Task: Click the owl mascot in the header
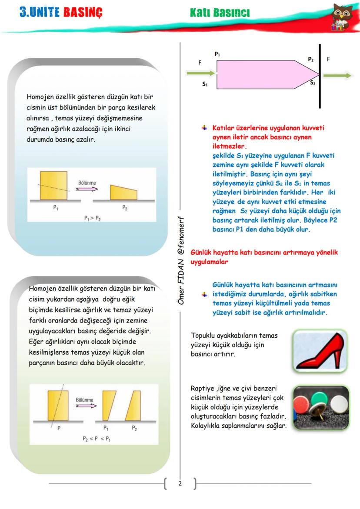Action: [x=342, y=17]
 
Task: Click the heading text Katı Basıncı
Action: [x=220, y=13]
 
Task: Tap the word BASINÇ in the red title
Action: [x=83, y=13]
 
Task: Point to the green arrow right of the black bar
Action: [x=337, y=76]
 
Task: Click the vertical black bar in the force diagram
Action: [x=320, y=76]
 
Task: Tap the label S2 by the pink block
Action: [x=313, y=82]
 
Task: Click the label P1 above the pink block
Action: [x=217, y=54]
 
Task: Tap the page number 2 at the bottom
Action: [x=180, y=483]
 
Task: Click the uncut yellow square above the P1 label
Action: [x=54, y=185]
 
